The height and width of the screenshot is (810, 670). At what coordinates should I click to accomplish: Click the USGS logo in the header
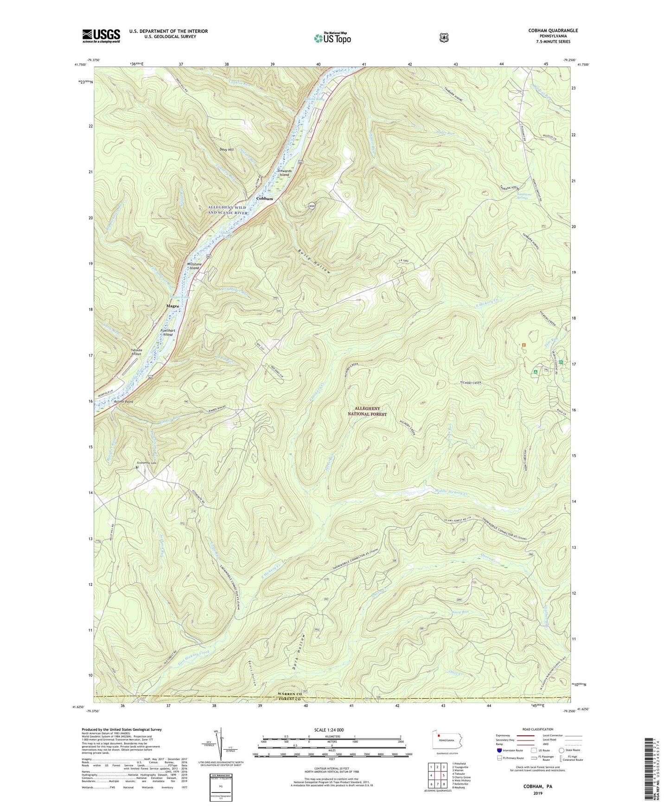(x=101, y=36)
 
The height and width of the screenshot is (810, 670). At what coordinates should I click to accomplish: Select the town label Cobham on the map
(x=265, y=198)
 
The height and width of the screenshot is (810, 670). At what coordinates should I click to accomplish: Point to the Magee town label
(x=173, y=306)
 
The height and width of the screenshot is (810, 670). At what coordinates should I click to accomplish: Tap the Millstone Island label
(x=193, y=266)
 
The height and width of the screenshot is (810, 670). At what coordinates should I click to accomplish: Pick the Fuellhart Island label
(x=167, y=332)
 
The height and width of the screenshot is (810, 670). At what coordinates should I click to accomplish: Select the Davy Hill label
(x=227, y=149)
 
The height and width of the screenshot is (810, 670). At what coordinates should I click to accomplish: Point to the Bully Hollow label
(x=315, y=261)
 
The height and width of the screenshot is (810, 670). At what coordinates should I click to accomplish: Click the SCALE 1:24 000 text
(x=329, y=730)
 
